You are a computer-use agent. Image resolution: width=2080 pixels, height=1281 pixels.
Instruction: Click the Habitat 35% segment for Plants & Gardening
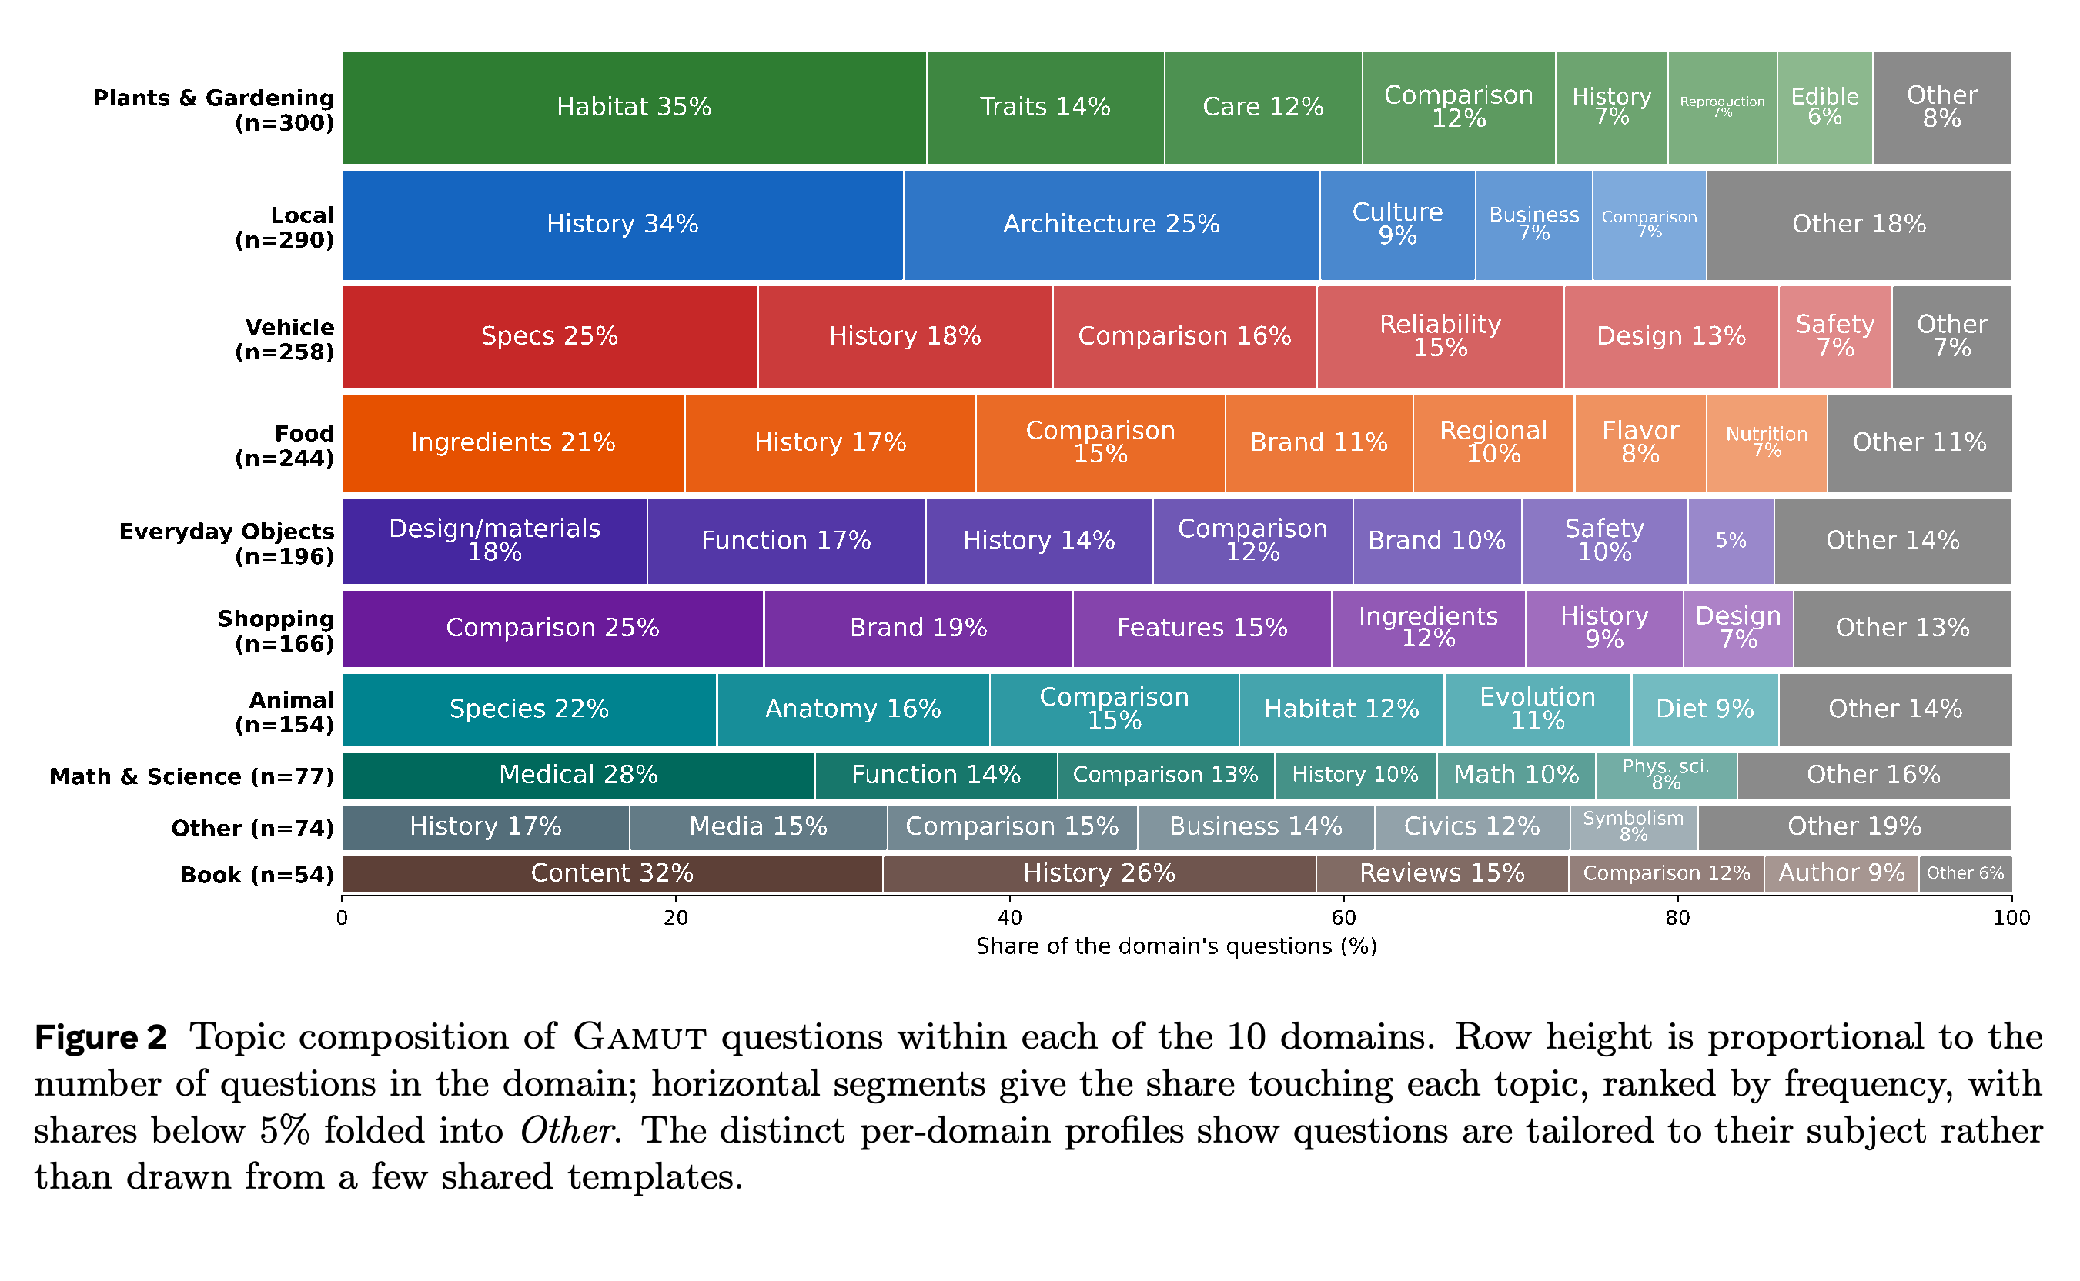pos(634,108)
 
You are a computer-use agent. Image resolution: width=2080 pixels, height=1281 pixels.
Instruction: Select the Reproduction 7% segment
pos(1722,108)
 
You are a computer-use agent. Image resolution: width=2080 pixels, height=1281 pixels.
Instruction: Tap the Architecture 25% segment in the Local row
pos(1111,225)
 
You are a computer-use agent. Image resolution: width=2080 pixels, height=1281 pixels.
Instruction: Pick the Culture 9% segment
pos(1398,225)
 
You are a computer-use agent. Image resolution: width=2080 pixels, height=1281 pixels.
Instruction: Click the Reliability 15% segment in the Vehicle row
pos(1440,336)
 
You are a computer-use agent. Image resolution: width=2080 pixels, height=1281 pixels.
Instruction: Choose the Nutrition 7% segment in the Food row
pos(1767,443)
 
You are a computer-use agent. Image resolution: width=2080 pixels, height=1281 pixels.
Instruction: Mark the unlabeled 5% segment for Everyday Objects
pos(1731,542)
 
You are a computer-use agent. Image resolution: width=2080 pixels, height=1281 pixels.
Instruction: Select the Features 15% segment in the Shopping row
pos(1202,629)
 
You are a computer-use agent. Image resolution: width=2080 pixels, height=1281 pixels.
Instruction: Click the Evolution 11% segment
pos(1537,710)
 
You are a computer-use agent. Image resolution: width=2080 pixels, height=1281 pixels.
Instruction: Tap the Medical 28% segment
pos(579,776)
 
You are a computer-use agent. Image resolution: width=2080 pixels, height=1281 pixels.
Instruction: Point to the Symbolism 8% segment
pos(1634,827)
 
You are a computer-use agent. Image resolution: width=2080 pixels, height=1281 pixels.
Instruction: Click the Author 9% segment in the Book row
pos(1841,873)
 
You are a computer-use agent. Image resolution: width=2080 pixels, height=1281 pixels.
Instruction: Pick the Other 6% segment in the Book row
pos(1965,873)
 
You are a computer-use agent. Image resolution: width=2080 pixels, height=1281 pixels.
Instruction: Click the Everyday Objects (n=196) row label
pos(226,544)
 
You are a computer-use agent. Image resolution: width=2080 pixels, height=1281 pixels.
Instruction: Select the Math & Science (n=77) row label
pos(192,777)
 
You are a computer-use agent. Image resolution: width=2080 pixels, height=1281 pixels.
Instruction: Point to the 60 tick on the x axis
pos(1343,898)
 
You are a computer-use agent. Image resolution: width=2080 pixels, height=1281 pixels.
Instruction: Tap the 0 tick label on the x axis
pos(342,919)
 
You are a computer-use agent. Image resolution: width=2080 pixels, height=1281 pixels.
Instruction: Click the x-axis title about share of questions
pos(1176,946)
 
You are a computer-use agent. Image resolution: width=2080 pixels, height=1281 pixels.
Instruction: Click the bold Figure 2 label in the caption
pos(100,1038)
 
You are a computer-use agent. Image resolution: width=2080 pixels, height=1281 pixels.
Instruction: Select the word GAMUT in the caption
pos(640,1038)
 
